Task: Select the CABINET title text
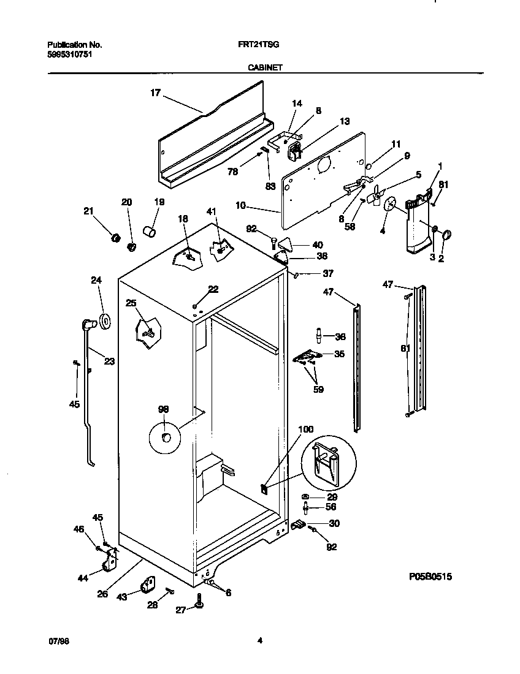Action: (264, 69)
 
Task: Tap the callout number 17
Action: (155, 93)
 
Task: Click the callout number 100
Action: (305, 429)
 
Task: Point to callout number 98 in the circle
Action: (164, 409)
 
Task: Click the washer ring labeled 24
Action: (104, 320)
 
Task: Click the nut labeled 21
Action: (113, 238)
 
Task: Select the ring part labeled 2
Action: (446, 234)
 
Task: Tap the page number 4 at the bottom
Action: (259, 641)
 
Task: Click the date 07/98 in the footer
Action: (57, 641)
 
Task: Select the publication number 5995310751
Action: (71, 53)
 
